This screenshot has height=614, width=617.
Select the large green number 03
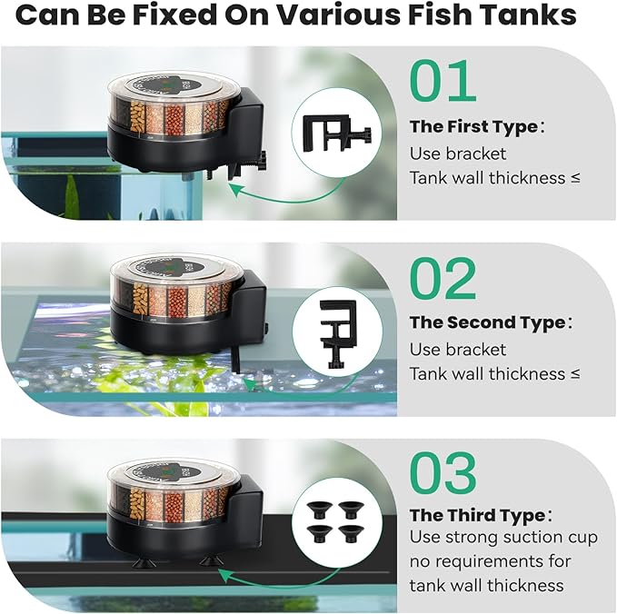click(x=443, y=474)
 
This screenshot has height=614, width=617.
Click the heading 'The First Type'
click(x=474, y=126)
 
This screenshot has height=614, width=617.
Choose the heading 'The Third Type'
click(x=476, y=515)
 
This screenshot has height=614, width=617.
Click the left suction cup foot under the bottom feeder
click(x=143, y=561)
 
